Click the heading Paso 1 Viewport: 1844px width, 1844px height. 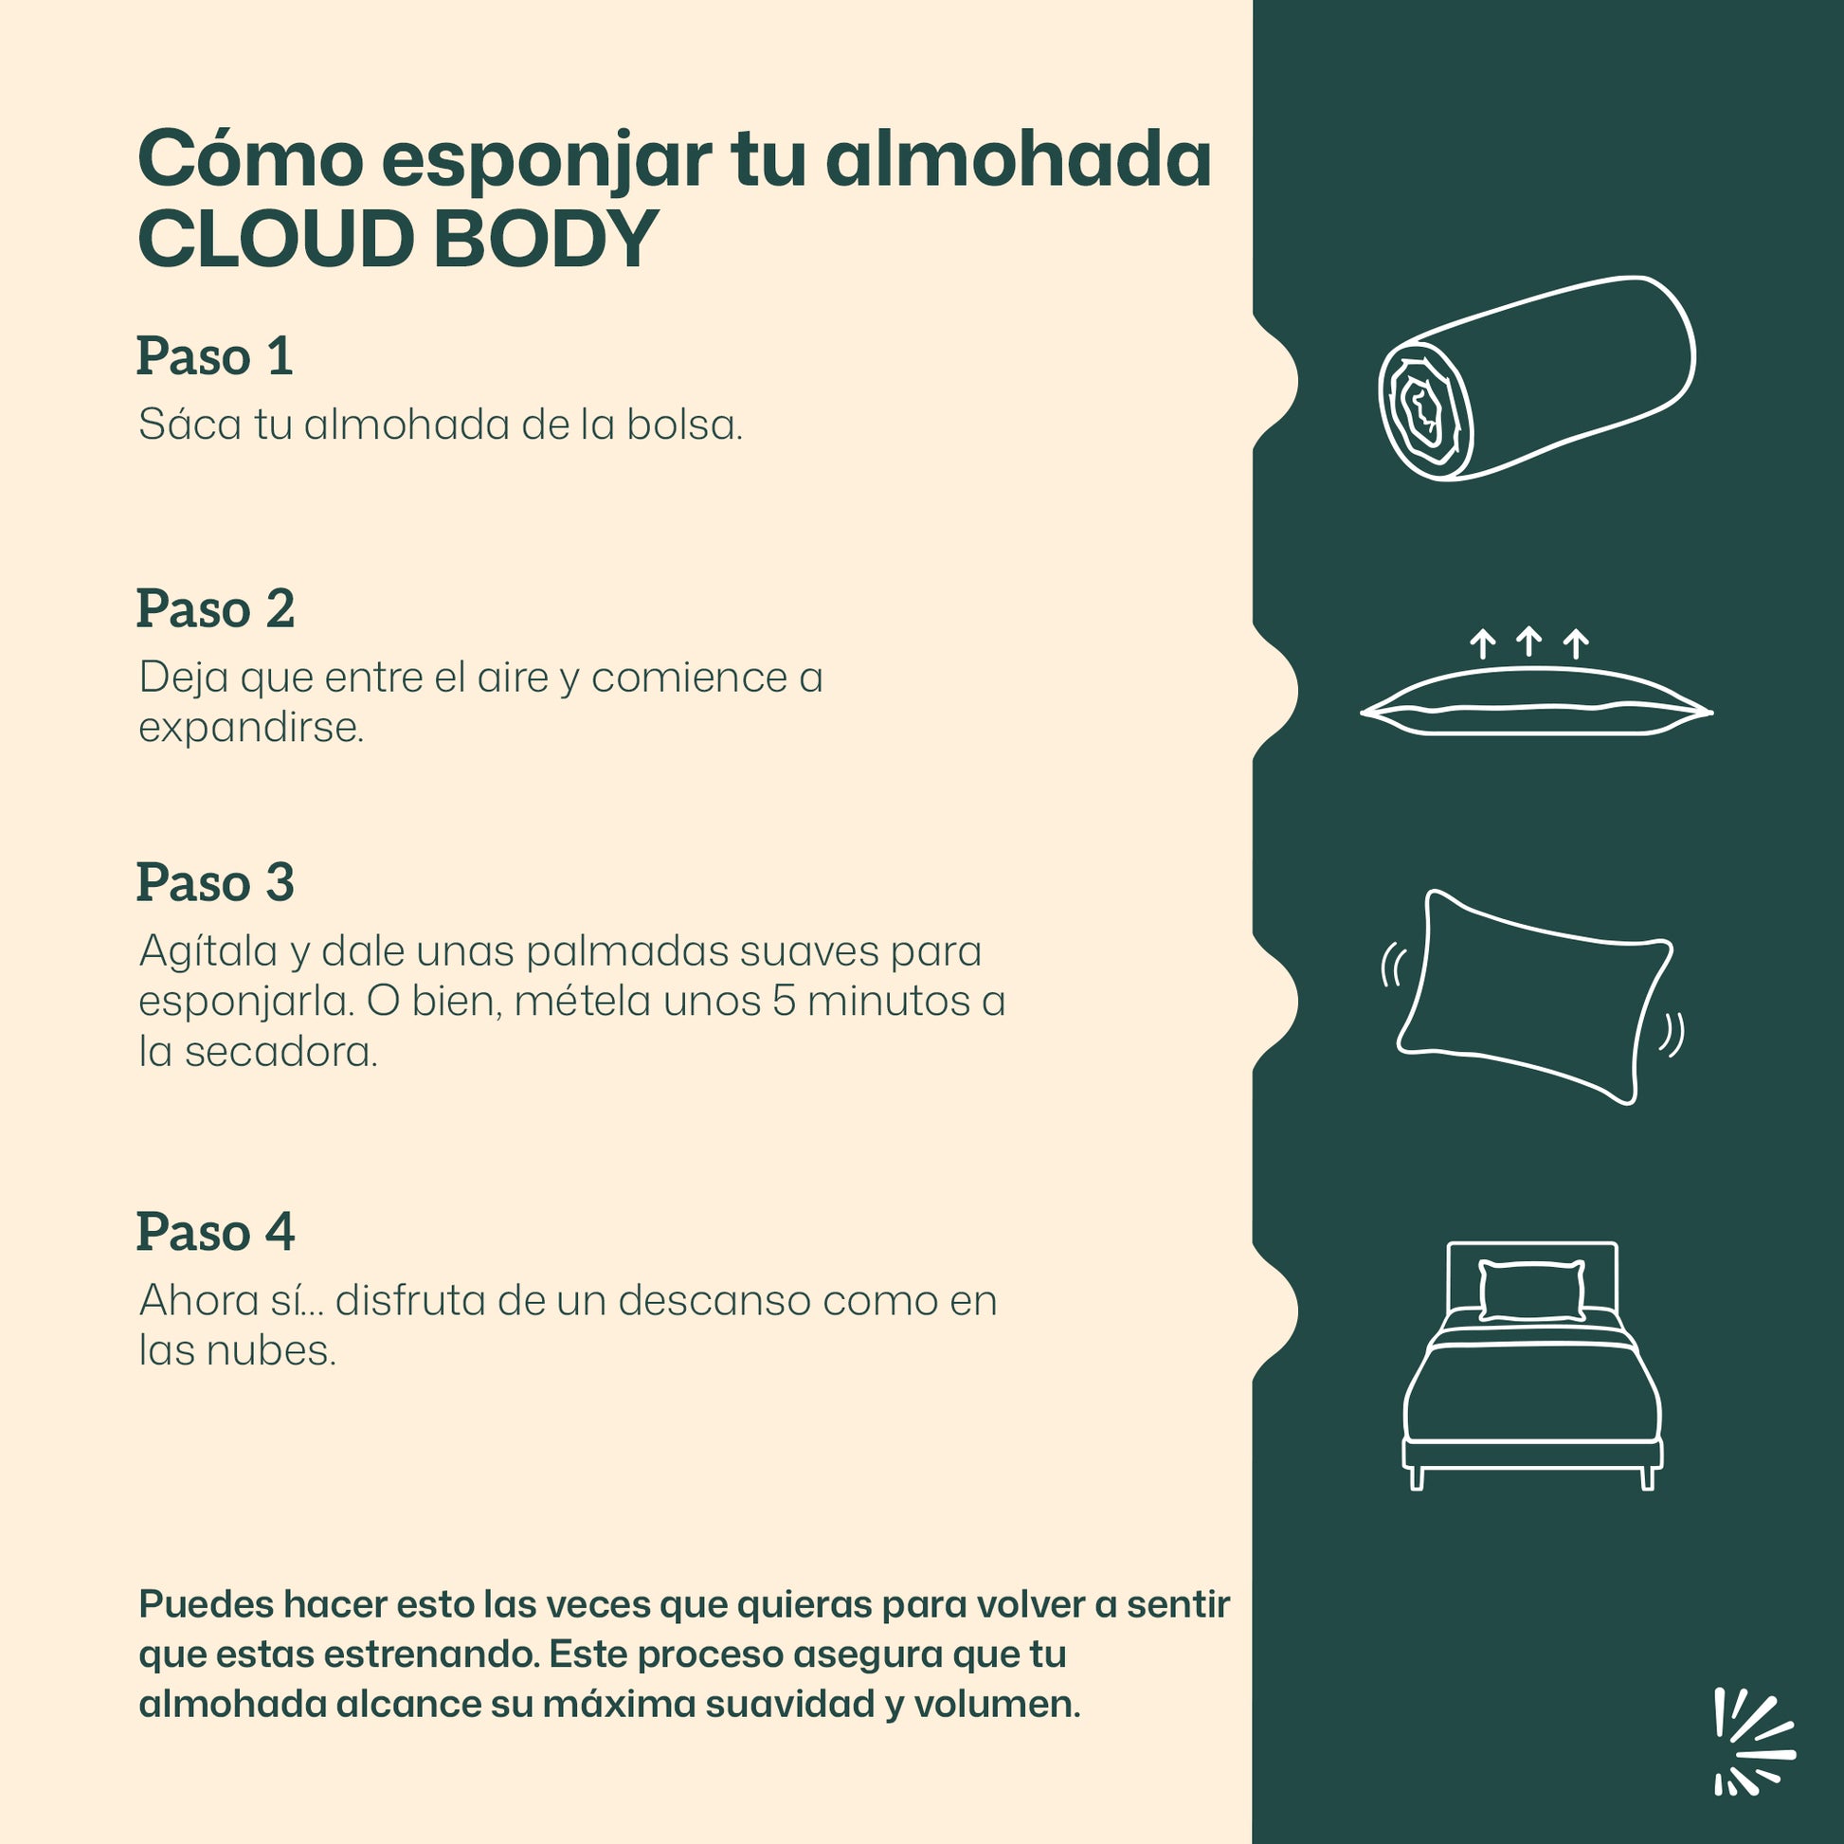[215, 356]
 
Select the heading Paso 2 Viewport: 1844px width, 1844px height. [216, 608]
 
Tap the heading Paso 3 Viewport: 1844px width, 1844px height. [216, 882]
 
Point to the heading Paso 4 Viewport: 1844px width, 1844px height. [216, 1231]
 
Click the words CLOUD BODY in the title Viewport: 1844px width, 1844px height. [398, 238]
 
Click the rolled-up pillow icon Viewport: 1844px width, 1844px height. [1537, 379]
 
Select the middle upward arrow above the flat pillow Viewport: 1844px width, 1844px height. [1529, 641]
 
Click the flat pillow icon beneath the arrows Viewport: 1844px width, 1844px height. [1537, 701]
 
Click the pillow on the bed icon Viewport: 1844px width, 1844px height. [1532, 1291]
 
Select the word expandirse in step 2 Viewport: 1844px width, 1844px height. [251, 729]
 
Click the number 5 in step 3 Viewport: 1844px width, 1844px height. [784, 1002]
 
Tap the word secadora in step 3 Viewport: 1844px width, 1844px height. [280, 1052]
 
